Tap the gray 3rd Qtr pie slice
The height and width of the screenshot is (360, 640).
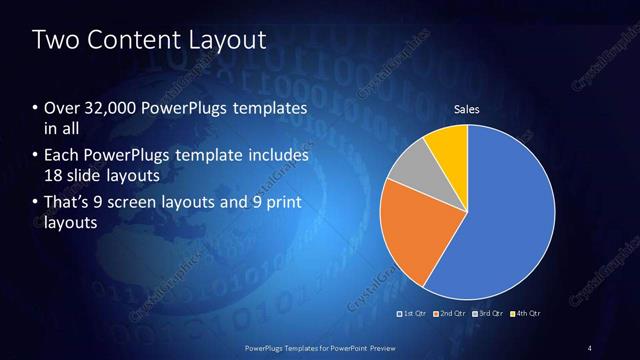coord(411,169)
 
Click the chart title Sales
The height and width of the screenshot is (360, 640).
coord(467,108)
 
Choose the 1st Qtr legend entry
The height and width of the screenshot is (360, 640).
coord(412,313)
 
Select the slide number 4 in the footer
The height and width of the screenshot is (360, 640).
coord(590,347)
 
